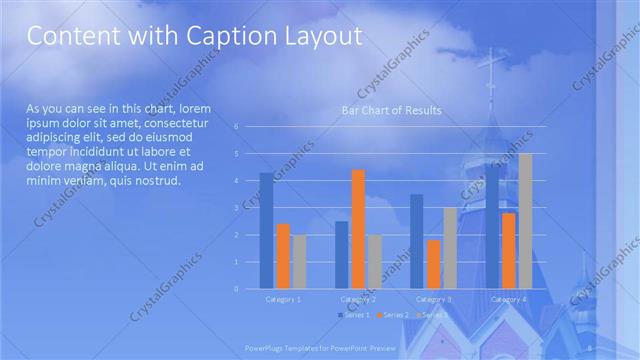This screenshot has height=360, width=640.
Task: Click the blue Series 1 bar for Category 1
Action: point(266,230)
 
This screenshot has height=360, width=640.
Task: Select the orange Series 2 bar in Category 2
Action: point(358,229)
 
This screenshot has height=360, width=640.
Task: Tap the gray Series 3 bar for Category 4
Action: point(525,221)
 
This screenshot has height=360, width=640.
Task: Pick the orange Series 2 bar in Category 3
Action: point(433,264)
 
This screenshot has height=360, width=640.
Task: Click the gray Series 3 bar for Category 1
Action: point(299,261)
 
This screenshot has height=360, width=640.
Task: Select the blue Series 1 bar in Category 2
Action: point(342,255)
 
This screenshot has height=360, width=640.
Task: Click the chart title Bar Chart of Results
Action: point(392,110)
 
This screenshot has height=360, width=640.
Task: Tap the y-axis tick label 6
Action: point(236,127)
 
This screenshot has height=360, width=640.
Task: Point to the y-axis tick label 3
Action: point(236,208)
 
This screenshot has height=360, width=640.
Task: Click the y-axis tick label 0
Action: point(236,289)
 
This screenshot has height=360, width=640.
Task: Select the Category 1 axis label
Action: point(283,299)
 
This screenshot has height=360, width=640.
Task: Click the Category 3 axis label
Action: point(433,299)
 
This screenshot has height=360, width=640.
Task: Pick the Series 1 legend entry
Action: point(356,315)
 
